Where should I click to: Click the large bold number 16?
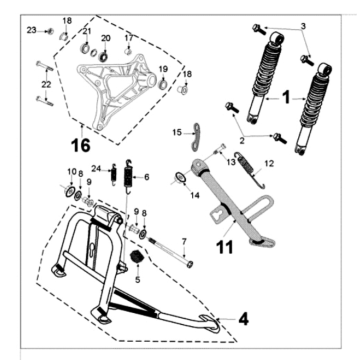[81, 145]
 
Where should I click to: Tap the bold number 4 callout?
[243, 319]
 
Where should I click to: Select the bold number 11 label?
[225, 247]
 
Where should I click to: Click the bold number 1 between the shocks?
[286, 98]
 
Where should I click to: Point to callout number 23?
[32, 30]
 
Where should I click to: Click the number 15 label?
[177, 133]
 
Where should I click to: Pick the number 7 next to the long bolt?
[184, 241]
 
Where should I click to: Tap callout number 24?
[96, 170]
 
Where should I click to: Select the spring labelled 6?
[128, 176]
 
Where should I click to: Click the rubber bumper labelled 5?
[136, 257]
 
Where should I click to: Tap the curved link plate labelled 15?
[196, 136]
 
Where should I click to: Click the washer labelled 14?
[180, 177]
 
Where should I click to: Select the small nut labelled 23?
[51, 31]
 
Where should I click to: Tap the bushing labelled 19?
[163, 83]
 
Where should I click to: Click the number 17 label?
[129, 38]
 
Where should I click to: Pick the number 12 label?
[269, 163]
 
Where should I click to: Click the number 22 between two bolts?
[46, 85]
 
